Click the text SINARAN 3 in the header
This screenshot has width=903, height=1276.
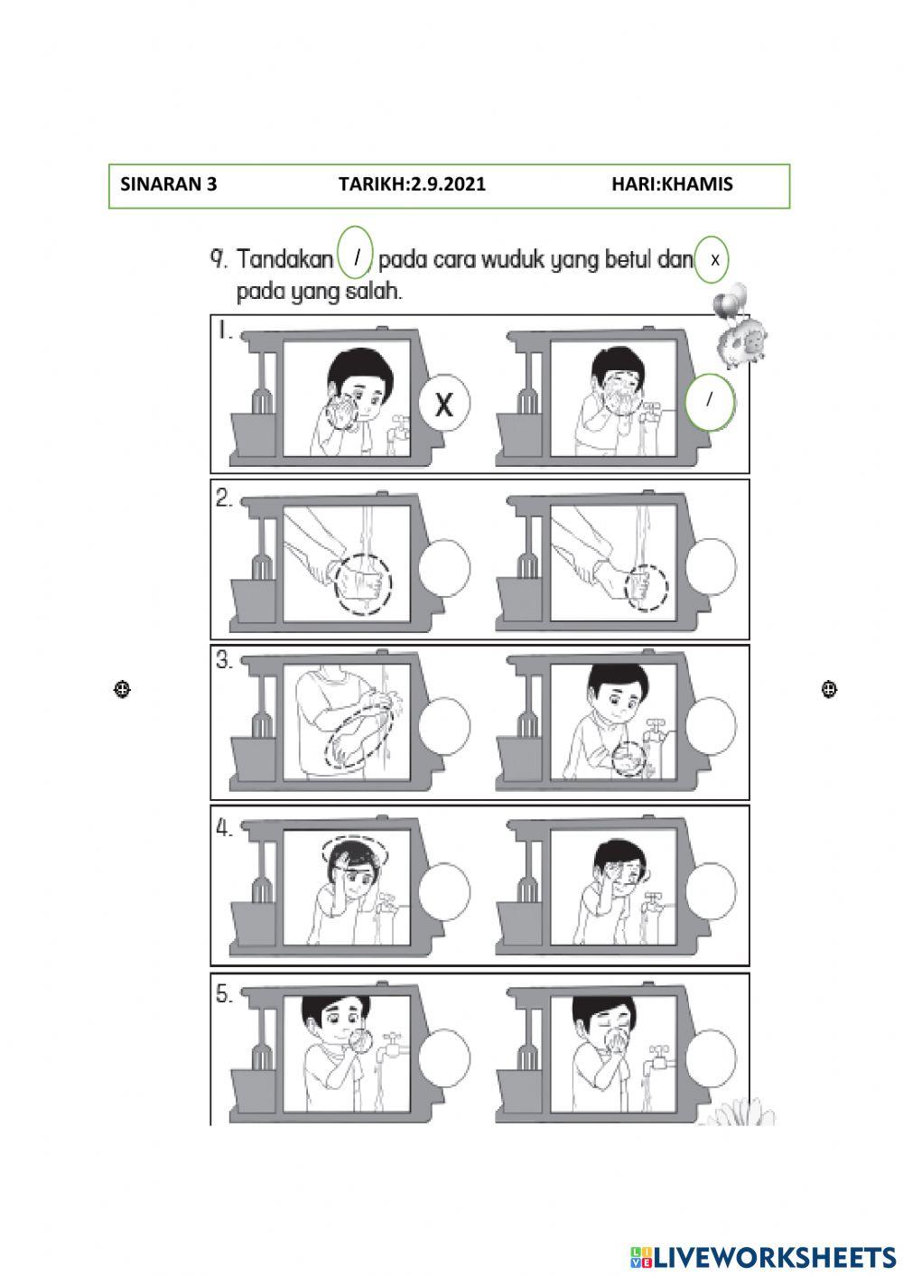[x=169, y=185]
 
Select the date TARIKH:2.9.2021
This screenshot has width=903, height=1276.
[x=412, y=185]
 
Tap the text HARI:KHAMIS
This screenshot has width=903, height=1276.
[x=672, y=185]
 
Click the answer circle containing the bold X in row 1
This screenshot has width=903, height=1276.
[x=443, y=404]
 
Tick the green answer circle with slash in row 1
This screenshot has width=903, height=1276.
[x=710, y=402]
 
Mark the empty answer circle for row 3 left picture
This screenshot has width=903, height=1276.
[x=443, y=726]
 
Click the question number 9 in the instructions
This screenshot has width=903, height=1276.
[x=218, y=260]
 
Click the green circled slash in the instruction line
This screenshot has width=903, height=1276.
[x=358, y=258]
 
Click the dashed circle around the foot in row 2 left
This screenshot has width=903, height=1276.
[x=363, y=582]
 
